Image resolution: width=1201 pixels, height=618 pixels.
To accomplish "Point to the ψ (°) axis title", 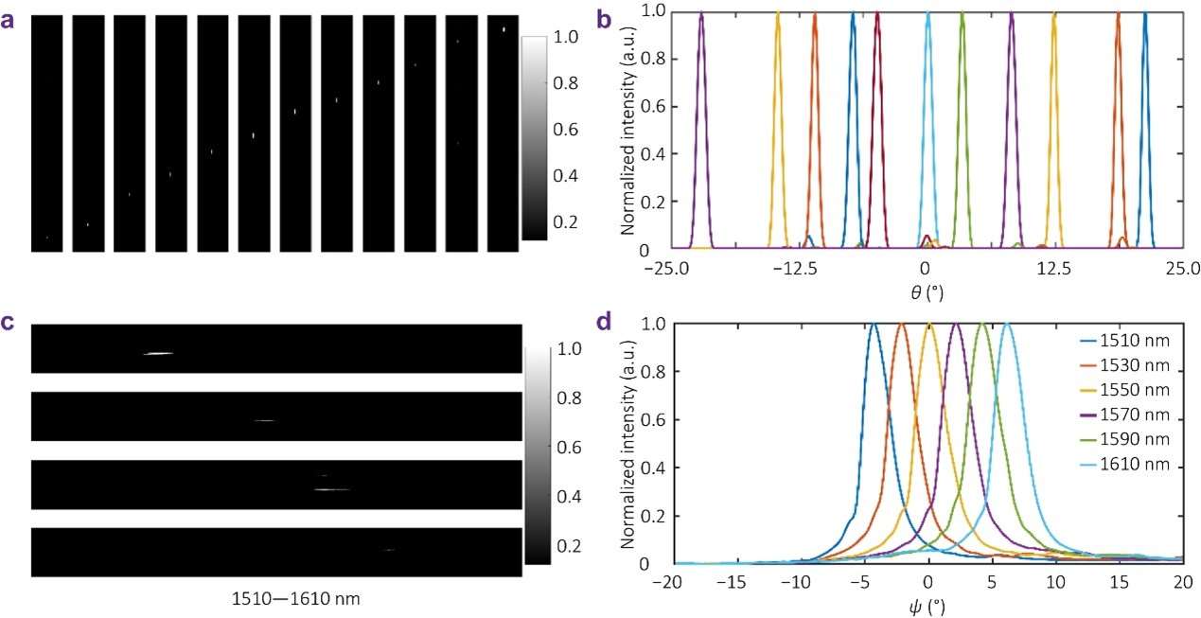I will [x=926, y=603].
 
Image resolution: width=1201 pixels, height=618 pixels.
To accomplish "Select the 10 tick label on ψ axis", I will [x=1055, y=580].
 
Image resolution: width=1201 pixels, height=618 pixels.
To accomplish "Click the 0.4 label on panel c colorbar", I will [x=553, y=496].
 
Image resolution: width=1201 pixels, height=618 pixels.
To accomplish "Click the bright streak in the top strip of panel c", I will [x=158, y=354].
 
